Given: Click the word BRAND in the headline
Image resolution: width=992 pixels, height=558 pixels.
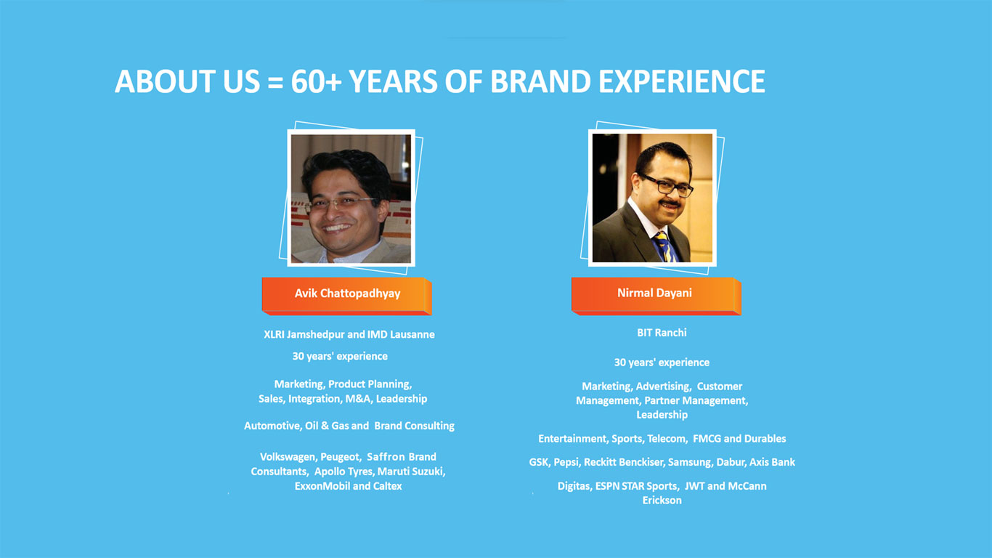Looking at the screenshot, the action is pyautogui.click(x=540, y=81).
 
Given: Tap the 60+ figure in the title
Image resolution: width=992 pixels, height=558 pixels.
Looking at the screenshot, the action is pyautogui.click(x=316, y=81).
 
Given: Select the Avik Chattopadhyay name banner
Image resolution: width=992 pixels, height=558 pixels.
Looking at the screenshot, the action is pyautogui.click(x=346, y=296).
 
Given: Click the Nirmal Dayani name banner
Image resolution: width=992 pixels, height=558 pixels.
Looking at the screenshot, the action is pyautogui.click(x=656, y=296).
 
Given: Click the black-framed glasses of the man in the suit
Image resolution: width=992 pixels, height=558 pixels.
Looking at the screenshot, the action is pyautogui.click(x=666, y=185).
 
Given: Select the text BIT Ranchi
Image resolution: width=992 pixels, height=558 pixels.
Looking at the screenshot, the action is pyautogui.click(x=662, y=333).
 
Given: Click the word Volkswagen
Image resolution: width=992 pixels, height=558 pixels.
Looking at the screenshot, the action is pyautogui.click(x=288, y=457).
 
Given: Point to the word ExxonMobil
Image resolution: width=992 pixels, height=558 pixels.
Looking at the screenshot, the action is pyautogui.click(x=322, y=486).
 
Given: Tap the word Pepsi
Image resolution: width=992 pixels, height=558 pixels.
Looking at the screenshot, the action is pyautogui.click(x=566, y=462).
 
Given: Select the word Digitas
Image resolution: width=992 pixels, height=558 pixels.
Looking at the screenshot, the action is pyautogui.click(x=574, y=486).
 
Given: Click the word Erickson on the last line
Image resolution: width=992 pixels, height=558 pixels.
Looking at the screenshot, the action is pyautogui.click(x=662, y=501).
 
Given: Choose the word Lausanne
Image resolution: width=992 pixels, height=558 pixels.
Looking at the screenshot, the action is pyautogui.click(x=412, y=335).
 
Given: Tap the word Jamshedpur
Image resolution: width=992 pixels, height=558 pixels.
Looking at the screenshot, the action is pyautogui.click(x=315, y=335).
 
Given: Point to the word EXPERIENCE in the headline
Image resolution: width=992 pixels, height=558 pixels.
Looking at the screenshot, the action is pyautogui.click(x=682, y=81).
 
